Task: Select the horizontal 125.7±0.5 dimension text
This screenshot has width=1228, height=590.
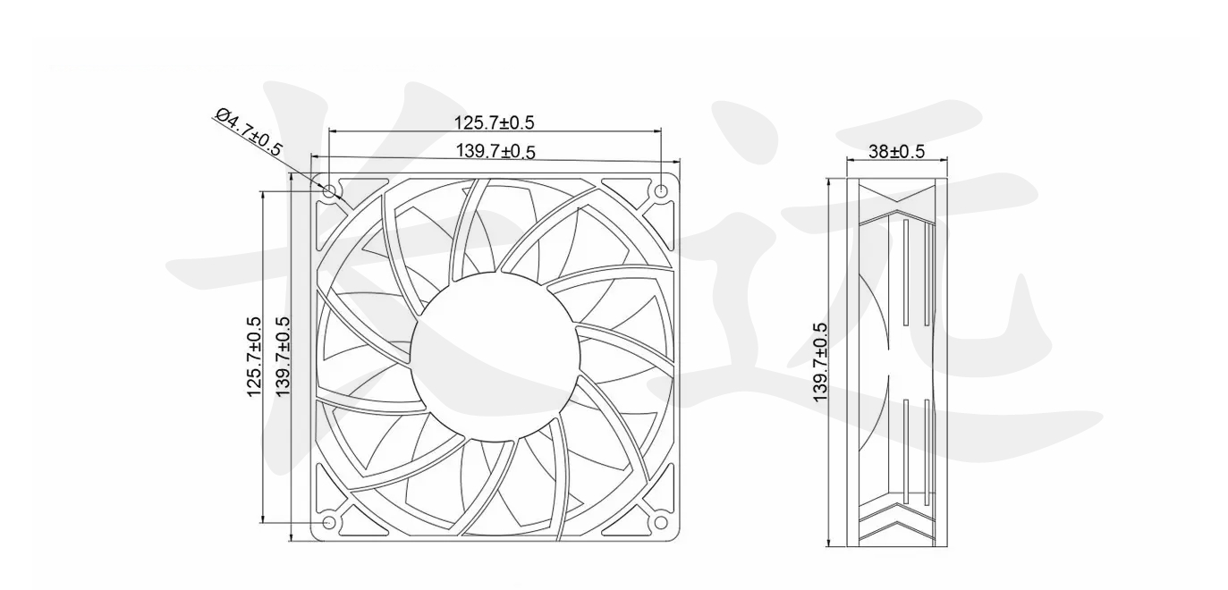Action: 494,122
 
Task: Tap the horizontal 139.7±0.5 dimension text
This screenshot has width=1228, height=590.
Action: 495,151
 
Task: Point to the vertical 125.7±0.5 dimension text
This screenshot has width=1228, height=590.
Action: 254,356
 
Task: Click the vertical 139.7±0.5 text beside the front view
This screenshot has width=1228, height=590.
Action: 284,356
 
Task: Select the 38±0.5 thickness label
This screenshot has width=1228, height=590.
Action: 896,151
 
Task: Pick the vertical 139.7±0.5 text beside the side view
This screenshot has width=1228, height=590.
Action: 821,362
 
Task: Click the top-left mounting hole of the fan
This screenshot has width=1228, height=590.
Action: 329,190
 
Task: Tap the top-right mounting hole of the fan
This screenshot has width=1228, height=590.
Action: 661,190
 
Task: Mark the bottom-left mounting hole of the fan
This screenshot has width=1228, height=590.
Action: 329,522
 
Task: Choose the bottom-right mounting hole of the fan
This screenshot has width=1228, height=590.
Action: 661,522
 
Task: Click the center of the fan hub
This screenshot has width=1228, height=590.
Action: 495,356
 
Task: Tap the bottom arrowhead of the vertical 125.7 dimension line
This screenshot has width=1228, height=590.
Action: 263,518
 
